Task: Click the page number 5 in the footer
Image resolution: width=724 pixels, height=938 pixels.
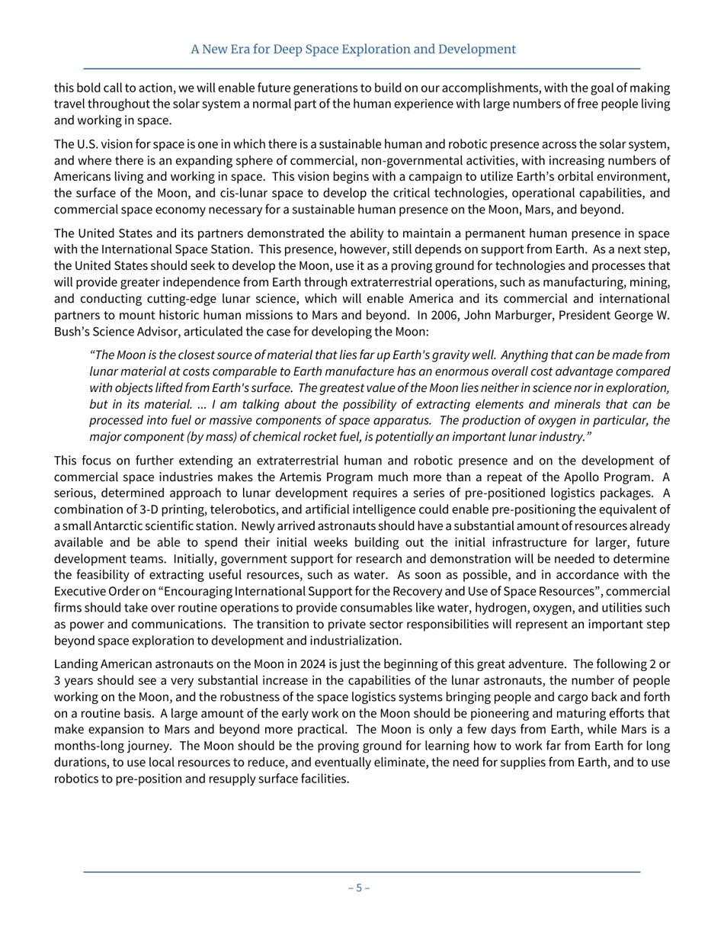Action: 359,888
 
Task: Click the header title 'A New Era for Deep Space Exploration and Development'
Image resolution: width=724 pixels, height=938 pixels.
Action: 353,50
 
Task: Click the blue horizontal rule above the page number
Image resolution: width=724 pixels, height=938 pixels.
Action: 361,872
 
